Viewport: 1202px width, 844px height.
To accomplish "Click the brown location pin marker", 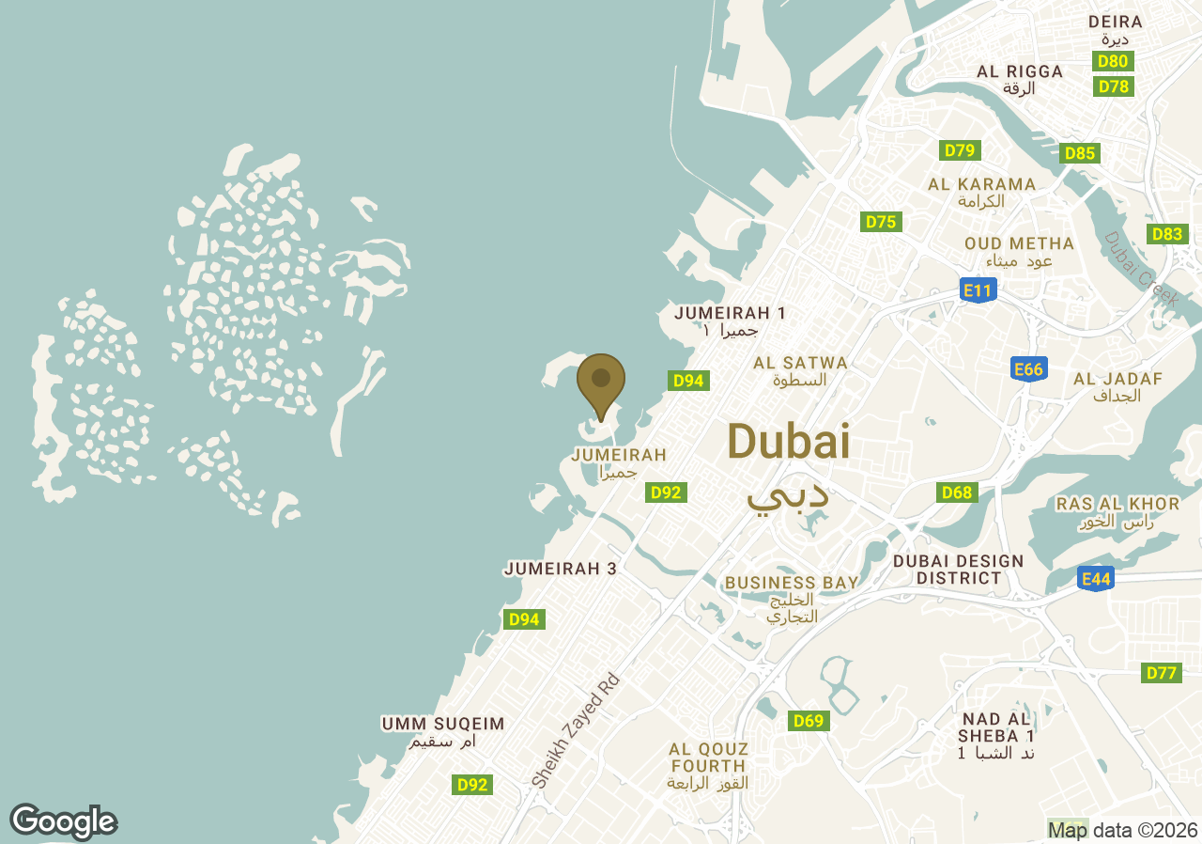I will coord(601,382).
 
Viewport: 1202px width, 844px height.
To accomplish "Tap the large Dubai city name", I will coord(788,442).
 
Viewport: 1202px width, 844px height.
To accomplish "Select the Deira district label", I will coord(1115,23).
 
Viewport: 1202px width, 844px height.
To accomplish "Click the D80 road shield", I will coord(1114,61).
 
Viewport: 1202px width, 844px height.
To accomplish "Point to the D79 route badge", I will coord(960,150).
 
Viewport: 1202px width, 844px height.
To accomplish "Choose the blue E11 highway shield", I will coord(978,290).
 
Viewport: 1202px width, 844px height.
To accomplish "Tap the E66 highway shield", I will coord(1028,369).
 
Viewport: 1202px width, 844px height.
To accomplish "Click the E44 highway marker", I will coord(1096,579).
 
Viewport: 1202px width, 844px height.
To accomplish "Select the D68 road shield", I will coord(956,492).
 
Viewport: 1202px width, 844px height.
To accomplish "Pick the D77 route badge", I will coord(1162,673).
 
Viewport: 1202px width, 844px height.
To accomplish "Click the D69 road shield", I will coord(808,721).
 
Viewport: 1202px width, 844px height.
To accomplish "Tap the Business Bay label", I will coord(791,583).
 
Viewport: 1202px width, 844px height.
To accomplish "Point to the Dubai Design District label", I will coord(958,570).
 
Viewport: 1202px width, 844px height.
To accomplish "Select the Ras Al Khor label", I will coord(1117,505).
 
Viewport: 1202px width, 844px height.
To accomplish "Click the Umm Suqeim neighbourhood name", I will coord(443,725).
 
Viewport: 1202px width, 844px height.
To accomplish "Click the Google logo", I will coord(64,821).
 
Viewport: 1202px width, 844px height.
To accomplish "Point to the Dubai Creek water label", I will coord(1141,269).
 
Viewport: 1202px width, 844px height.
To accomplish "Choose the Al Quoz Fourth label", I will coord(709,758).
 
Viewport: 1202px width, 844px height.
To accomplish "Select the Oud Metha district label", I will coord(1019,244).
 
